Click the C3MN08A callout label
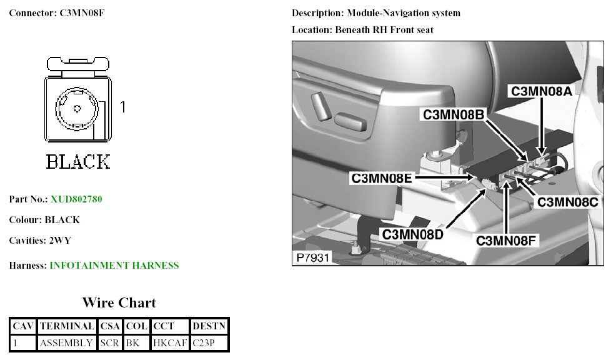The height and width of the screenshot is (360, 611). point(541,91)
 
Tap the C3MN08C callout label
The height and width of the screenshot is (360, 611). point(568,202)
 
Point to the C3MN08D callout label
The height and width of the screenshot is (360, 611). point(412,234)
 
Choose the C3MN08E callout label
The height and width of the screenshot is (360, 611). point(382,178)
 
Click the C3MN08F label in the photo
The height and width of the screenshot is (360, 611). point(507,240)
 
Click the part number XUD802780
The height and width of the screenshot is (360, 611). point(76,199)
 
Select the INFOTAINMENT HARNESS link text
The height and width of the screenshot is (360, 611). point(114,266)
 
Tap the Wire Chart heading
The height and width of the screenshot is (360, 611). point(119,303)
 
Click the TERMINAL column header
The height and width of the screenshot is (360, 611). point(67,326)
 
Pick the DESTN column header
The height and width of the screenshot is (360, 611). point(209,326)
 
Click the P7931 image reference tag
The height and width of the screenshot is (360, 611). point(311,257)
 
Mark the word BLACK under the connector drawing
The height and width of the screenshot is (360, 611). point(78,162)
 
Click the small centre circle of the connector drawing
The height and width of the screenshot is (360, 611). point(77,108)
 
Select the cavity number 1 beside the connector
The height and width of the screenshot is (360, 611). point(122,107)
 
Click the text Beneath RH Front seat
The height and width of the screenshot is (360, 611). point(384,29)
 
